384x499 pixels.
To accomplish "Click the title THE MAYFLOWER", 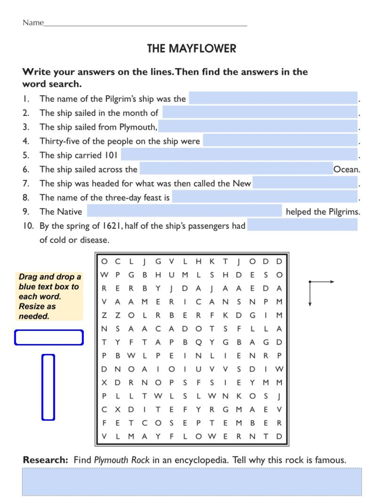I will (192, 49).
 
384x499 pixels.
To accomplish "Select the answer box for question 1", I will (273, 98).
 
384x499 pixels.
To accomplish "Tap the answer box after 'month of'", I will (260, 112).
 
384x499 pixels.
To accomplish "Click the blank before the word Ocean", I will (236, 169).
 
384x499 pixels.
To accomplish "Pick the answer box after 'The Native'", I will (184, 211).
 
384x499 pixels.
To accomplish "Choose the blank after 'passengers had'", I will (302, 225).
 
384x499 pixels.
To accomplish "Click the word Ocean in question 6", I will (346, 169).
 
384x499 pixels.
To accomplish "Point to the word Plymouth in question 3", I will (138, 127).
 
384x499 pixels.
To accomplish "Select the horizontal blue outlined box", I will (49, 337).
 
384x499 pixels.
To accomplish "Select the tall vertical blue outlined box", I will (48, 387).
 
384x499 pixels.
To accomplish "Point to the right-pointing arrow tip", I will (333, 282).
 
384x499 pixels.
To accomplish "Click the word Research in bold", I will (45, 460).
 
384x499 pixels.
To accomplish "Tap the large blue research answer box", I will (192, 482).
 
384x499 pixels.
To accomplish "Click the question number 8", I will (26, 198).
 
